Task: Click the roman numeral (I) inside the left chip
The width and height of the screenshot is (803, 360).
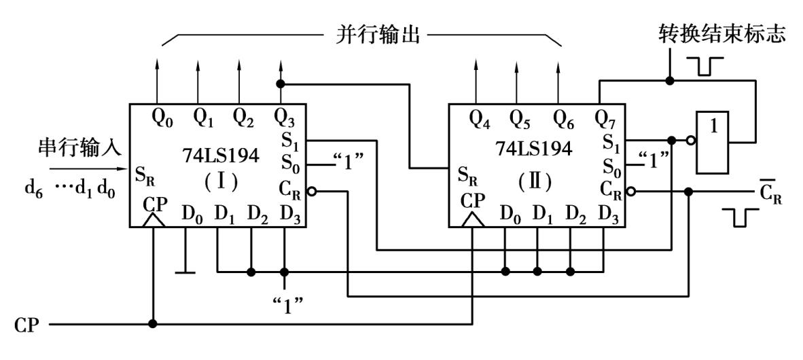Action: coord(219,184)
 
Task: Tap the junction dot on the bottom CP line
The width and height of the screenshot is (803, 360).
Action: coord(154,323)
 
